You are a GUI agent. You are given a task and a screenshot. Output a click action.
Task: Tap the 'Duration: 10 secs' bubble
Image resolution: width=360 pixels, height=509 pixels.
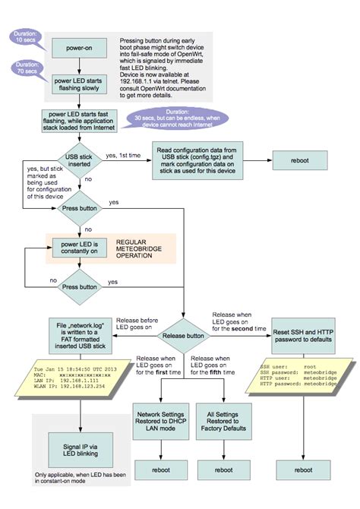(30, 36)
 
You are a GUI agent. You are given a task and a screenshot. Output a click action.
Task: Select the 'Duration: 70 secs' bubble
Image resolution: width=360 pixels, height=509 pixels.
(30, 69)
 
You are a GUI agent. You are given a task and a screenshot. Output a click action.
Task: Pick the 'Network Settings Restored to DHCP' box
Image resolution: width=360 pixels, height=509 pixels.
(162, 415)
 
